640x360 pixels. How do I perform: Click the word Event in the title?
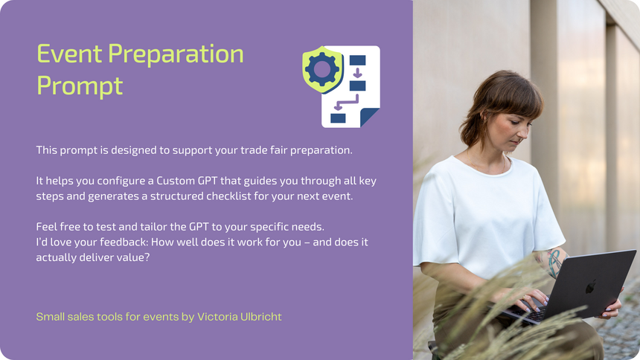(69, 54)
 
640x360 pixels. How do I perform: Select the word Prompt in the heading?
(80, 86)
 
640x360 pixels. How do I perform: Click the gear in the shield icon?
(322, 69)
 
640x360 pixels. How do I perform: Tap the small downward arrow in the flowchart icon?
(357, 73)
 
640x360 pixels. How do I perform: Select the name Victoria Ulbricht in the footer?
(239, 317)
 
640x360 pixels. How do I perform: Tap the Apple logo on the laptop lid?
(591, 286)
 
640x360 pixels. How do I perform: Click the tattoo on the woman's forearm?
(554, 262)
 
